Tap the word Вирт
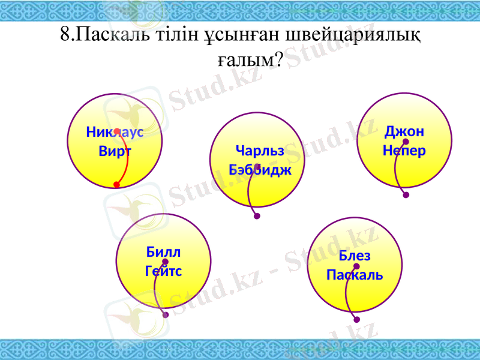(115, 151)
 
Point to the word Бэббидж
(260, 170)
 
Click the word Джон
(404, 131)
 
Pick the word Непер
(404, 150)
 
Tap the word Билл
(163, 252)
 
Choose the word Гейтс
(163, 271)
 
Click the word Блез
(355, 256)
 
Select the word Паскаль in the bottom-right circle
(355, 275)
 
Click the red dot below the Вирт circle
(116, 185)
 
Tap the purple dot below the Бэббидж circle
(257, 217)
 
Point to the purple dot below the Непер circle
(406, 195)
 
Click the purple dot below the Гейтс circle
(166, 314)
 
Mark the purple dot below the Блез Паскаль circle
(357, 320)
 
